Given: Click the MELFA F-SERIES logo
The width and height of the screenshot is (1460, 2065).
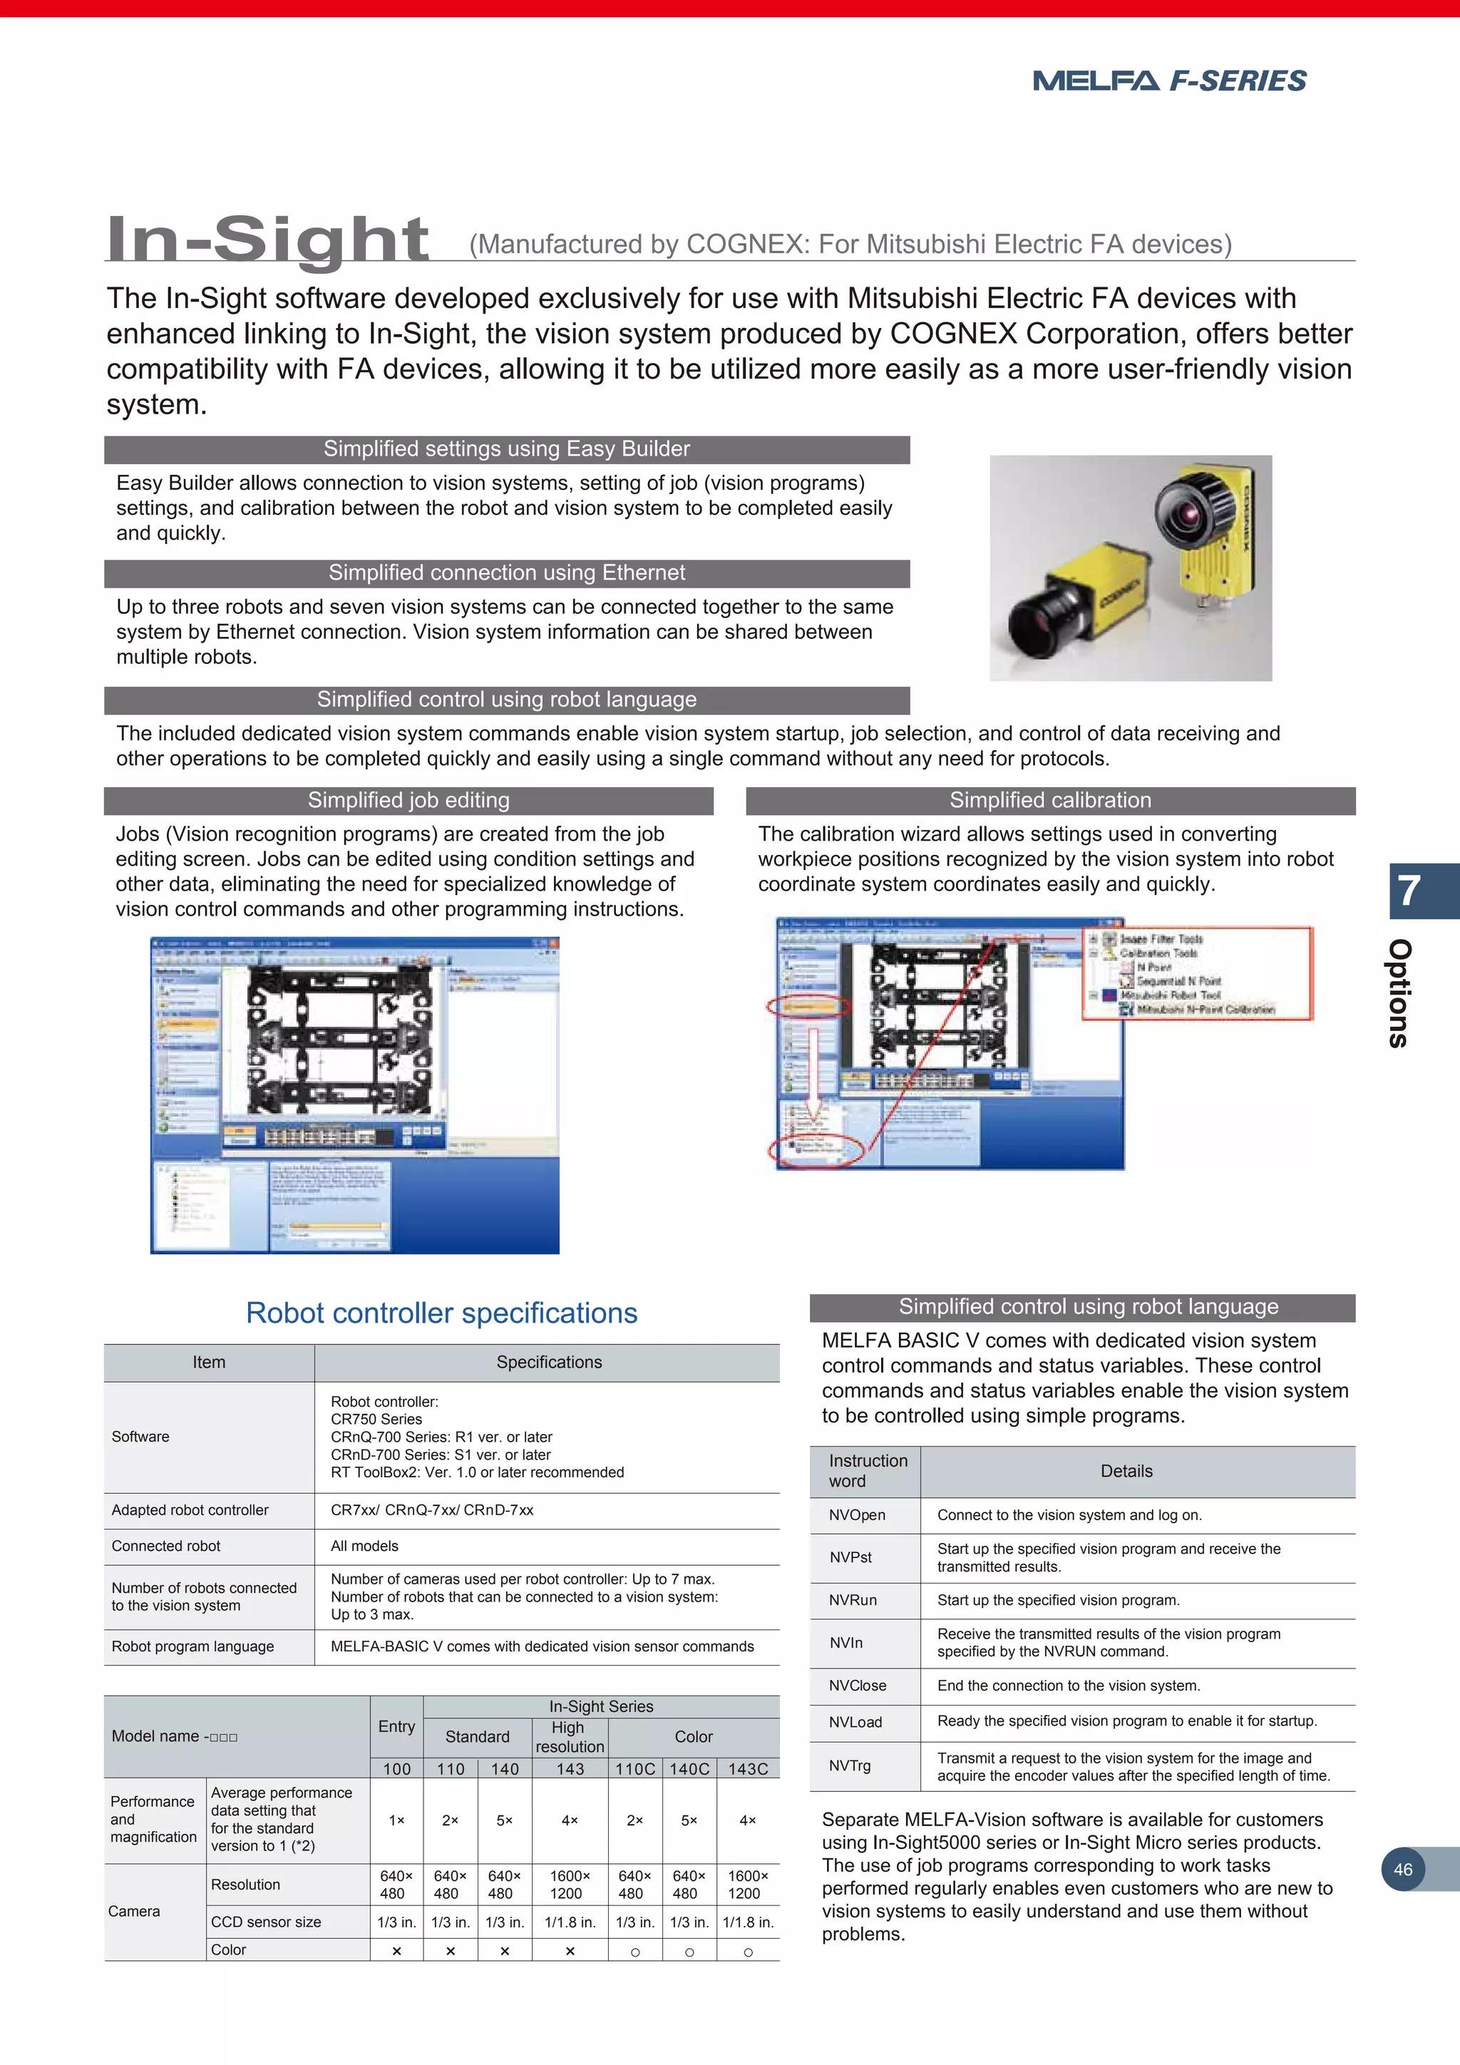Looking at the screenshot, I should [x=1168, y=81].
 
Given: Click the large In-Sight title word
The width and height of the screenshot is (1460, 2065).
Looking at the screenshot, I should [x=267, y=240].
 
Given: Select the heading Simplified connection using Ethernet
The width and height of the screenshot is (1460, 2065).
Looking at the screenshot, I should [x=506, y=573].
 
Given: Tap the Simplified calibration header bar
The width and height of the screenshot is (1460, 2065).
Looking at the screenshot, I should [x=1049, y=801].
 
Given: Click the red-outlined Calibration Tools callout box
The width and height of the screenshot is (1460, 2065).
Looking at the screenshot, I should [x=1197, y=973].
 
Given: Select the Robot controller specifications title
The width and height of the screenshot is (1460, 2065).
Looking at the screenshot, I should [x=441, y=1313].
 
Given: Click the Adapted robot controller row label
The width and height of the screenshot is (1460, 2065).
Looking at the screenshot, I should [x=190, y=1510].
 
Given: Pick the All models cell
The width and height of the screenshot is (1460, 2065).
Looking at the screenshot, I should [x=364, y=1546].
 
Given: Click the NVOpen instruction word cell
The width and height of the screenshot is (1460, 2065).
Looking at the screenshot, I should [x=857, y=1515].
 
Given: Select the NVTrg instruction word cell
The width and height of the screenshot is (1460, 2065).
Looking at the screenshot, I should [x=850, y=1766].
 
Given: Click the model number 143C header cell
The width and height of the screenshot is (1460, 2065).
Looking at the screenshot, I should [x=747, y=1769].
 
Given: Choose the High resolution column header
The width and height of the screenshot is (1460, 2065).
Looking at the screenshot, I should [x=569, y=1737].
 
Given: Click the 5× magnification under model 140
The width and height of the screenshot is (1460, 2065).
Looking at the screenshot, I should [x=504, y=1820].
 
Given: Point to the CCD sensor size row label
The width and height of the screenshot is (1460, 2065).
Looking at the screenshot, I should [x=265, y=1922].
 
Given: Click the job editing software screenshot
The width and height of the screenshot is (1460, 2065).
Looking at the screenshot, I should [x=354, y=1095].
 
